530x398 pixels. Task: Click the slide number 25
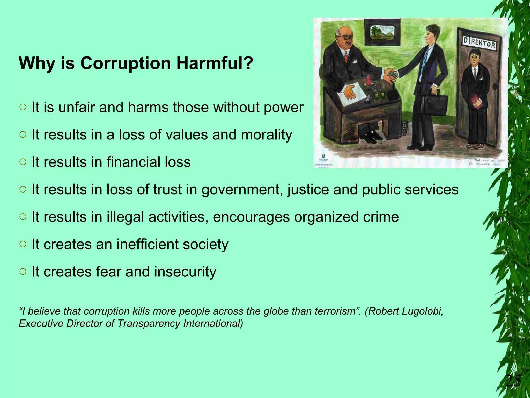513,381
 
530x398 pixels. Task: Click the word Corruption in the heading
126,63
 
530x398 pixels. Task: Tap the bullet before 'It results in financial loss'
23,162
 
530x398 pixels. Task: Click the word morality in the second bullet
266,135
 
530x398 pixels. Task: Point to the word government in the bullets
242,190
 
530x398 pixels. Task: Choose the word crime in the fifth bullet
381,217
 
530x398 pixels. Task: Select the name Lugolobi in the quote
423,311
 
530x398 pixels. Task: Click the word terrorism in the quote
335,311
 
